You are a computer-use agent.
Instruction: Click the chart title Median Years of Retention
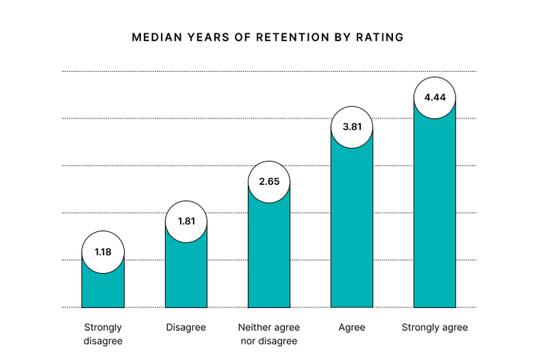point(267,37)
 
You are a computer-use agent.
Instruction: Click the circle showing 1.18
point(103,252)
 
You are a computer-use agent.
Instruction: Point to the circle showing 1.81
point(186,221)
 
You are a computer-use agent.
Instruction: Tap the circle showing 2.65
point(269,181)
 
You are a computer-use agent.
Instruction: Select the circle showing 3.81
point(352,127)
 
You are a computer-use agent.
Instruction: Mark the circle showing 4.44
point(434,97)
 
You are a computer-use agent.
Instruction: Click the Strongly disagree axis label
point(103,334)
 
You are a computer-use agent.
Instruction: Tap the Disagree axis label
point(186,327)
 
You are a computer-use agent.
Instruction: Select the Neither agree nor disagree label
point(269,334)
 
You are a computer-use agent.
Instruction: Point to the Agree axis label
point(352,327)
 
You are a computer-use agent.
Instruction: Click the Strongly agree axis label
point(434,327)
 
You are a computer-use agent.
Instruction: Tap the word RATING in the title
point(380,37)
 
